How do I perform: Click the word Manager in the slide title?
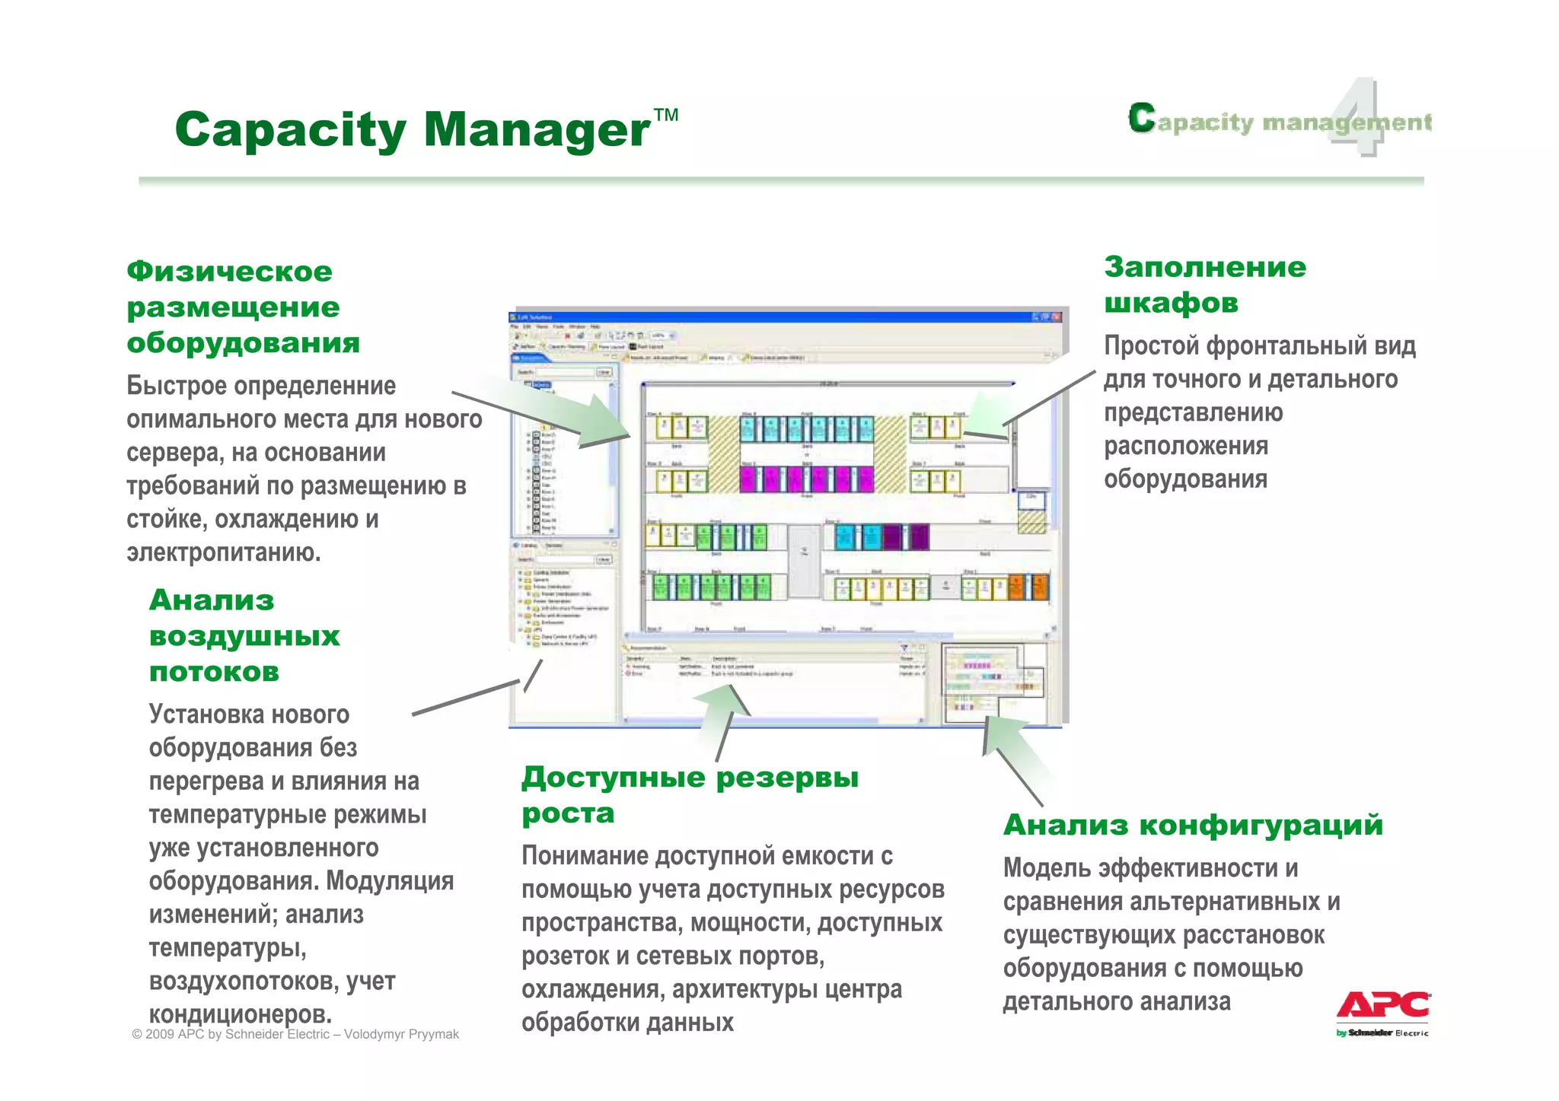(x=537, y=130)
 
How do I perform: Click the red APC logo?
(x=1383, y=1005)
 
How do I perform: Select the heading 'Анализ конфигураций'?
(x=1193, y=825)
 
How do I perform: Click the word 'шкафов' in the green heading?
(x=1171, y=303)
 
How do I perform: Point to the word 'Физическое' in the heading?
(x=229, y=272)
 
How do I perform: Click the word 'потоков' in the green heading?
(x=214, y=672)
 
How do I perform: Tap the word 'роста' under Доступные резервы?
(x=568, y=813)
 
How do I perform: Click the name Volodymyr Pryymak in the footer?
(x=401, y=1034)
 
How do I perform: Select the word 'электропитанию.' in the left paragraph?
(x=224, y=552)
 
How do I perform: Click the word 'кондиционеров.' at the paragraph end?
(x=241, y=1014)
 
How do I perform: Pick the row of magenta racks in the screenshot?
(x=806, y=479)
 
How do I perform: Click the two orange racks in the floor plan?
(x=1028, y=587)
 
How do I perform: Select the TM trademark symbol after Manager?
(x=666, y=115)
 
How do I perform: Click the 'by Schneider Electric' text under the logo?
(x=1382, y=1033)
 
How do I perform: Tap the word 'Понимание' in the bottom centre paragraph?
(x=585, y=856)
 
